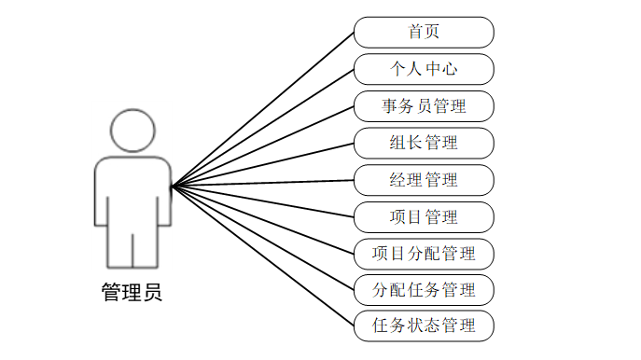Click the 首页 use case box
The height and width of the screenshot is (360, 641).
tap(424, 33)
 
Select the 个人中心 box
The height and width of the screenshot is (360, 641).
tap(424, 69)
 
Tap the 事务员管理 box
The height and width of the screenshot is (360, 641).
tap(424, 106)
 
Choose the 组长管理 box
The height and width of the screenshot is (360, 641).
tap(424, 143)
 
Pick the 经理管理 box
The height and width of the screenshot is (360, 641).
tap(424, 180)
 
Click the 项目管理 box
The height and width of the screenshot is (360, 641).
tap(424, 217)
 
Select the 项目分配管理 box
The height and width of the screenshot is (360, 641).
tap(424, 254)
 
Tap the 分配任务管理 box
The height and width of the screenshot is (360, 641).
tap(424, 290)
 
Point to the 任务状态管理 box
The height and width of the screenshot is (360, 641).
tap(424, 325)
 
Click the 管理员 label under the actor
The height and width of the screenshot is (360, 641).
tap(132, 292)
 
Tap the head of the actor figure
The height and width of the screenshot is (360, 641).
tap(132, 131)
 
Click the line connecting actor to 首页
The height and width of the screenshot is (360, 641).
tap(263, 109)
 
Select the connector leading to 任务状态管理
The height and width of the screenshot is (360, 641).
tap(263, 256)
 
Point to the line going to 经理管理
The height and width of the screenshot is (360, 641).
tap(263, 183)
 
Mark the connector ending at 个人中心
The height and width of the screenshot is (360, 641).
tap(263, 128)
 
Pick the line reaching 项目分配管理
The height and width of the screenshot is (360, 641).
tap(263, 220)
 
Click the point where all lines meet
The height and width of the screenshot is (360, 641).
tap(173, 187)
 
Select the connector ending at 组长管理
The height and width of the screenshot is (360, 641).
tap(263, 165)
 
